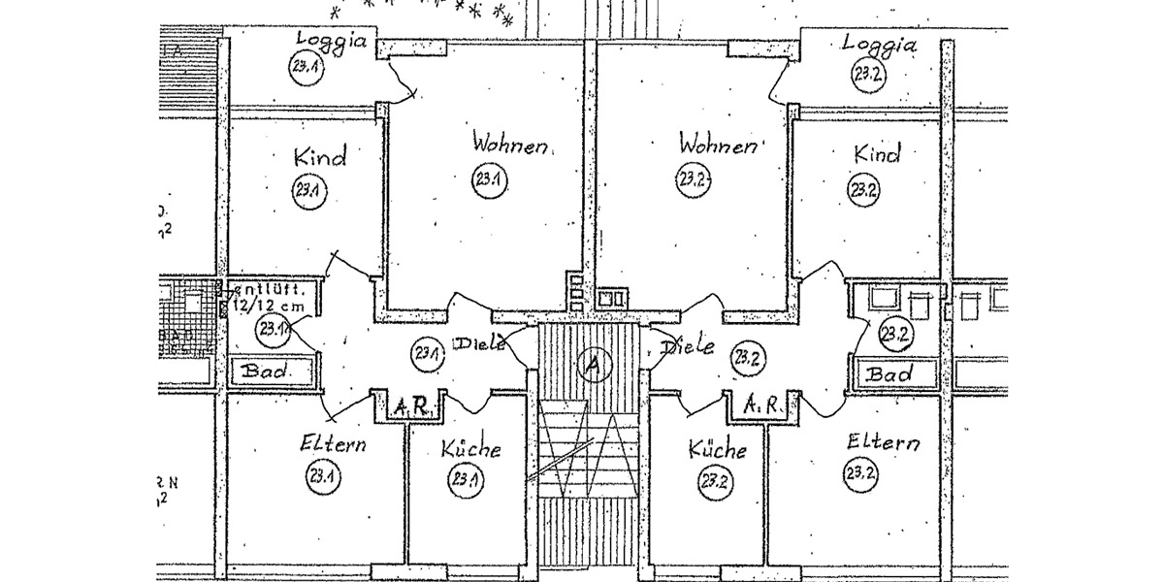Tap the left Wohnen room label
(510, 145)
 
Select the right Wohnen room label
(718, 145)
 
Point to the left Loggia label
(332, 40)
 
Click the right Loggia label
(879, 44)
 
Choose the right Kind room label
(877, 153)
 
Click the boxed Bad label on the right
(889, 373)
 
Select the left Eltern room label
(333, 445)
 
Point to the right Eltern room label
(882, 442)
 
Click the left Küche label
(470, 449)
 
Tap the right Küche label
(718, 449)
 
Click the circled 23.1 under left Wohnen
(486, 179)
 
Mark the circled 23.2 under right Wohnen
(689, 178)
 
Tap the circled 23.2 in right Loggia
(865, 74)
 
